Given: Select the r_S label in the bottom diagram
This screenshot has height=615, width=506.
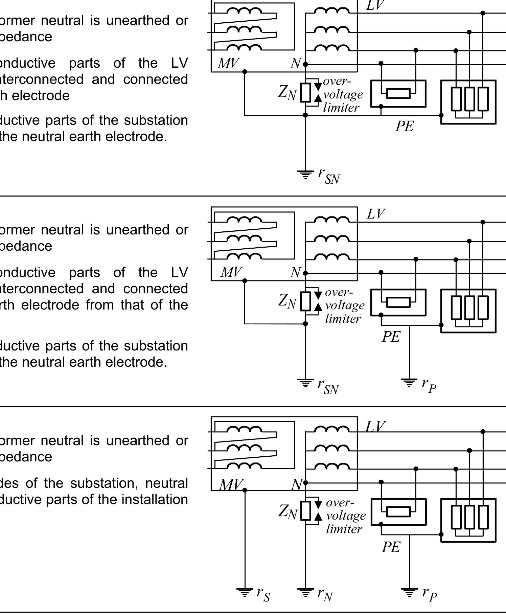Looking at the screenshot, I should [263, 594].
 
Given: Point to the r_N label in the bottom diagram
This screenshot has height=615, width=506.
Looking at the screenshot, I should [325, 594].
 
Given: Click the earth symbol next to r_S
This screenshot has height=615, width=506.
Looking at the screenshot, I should [245, 592].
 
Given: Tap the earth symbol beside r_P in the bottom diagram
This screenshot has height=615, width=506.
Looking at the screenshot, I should [409, 592].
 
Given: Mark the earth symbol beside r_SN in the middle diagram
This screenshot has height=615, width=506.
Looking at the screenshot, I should [305, 383].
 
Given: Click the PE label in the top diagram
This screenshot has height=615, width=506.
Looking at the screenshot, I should [405, 127].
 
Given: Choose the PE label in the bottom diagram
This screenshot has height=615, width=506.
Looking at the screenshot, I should [391, 547].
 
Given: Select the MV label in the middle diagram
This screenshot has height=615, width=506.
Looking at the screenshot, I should [231, 272].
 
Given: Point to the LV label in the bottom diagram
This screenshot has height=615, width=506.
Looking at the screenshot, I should [375, 427].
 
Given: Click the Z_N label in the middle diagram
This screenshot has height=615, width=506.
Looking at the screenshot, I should [287, 300].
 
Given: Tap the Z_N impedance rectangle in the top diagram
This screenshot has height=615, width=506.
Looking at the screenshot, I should [305, 93].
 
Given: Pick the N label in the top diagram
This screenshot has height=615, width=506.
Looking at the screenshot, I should [296, 63].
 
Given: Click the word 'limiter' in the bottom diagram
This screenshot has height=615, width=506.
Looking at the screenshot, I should [344, 529].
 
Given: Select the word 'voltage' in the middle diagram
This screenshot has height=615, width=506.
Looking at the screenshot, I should [345, 305].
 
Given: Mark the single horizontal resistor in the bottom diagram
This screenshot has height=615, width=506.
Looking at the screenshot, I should [398, 511].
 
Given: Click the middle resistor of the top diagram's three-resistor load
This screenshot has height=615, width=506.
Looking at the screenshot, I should [469, 99].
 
